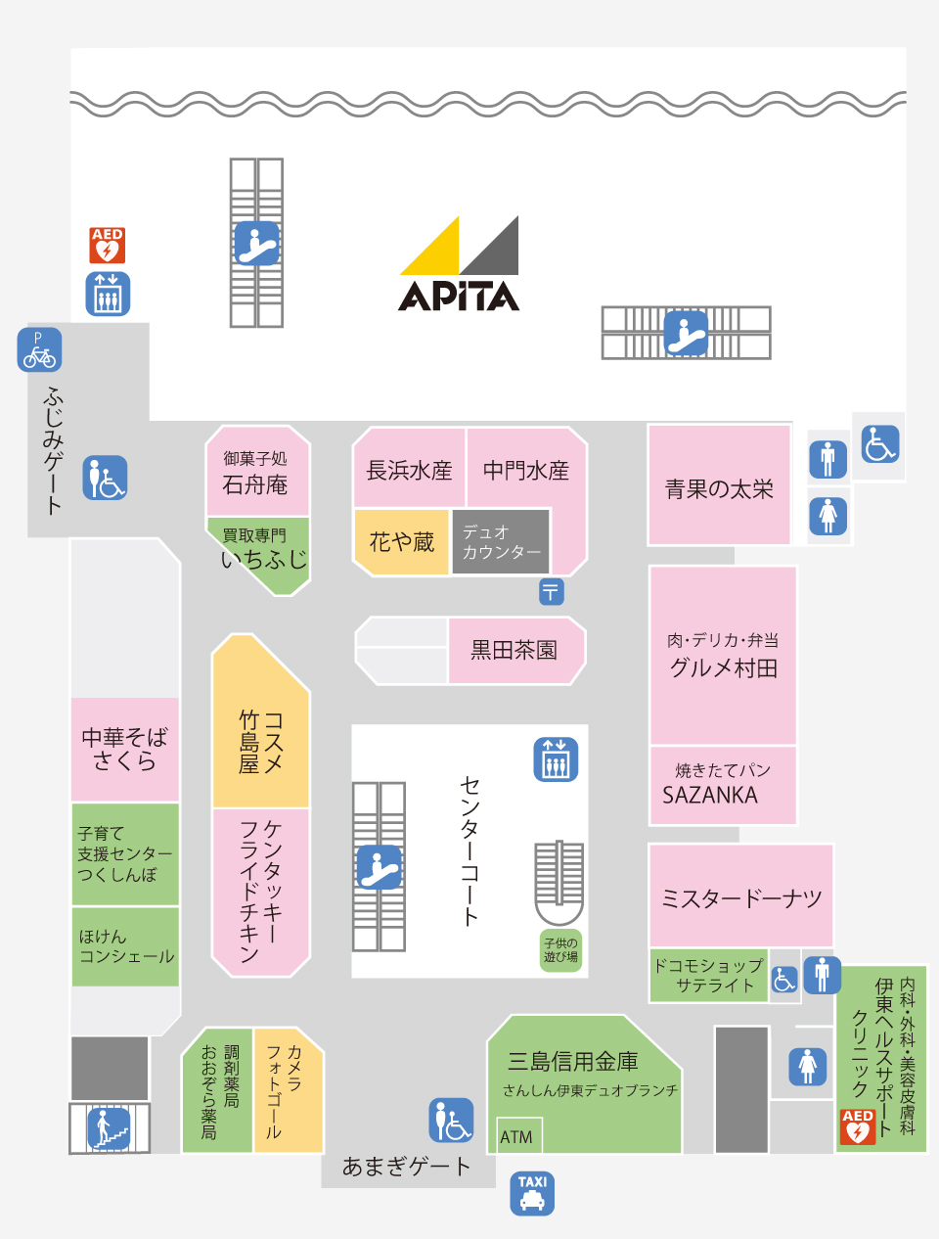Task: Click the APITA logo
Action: [x=459, y=263]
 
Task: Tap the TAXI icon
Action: [x=532, y=1193]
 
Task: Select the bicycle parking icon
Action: [x=39, y=349]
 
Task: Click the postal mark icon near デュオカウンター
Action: [x=551, y=591]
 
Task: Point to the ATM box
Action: [x=518, y=1135]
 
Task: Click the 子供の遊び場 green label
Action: [x=560, y=950]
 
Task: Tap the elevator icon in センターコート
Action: [x=556, y=759]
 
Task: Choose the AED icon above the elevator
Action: [x=108, y=245]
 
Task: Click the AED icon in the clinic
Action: [x=857, y=1126]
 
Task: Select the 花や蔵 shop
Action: [x=402, y=542]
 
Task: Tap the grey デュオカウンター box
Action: [x=501, y=541]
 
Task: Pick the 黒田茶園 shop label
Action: [x=514, y=650]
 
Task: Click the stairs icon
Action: [x=109, y=1128]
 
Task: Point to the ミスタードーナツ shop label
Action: [x=741, y=898]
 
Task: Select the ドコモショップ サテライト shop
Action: [x=708, y=976]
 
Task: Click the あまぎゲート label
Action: [x=406, y=1167]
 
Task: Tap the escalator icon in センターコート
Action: [x=379, y=867]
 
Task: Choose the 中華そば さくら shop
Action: [x=124, y=749]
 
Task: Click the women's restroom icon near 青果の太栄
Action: [x=827, y=516]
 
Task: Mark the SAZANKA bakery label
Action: [x=709, y=795]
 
